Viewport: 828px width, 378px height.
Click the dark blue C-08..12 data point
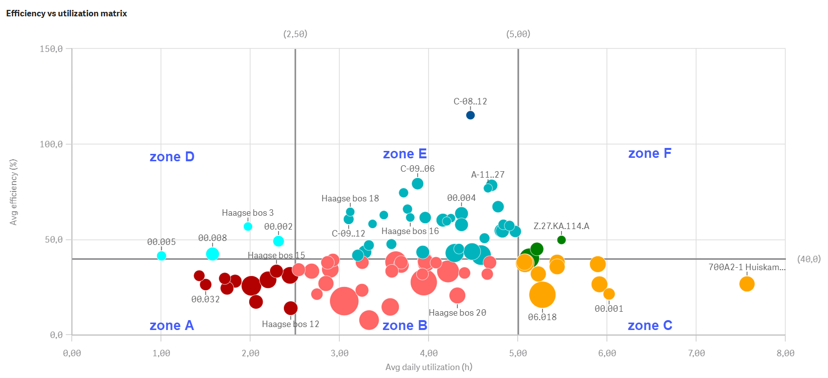click(x=470, y=115)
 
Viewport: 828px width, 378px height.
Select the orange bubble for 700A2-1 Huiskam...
click(x=747, y=284)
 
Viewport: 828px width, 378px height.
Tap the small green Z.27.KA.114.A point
click(x=561, y=240)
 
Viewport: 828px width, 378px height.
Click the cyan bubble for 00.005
click(x=162, y=256)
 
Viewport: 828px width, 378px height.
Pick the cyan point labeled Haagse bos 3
click(x=248, y=226)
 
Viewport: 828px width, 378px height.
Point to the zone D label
click(x=172, y=156)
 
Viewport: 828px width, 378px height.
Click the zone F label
click(x=650, y=153)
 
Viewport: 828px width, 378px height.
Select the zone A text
click(x=171, y=325)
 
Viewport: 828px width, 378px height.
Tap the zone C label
click(x=650, y=325)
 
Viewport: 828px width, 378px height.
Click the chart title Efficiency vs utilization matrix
click(x=66, y=13)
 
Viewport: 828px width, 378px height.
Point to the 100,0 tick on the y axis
click(x=51, y=144)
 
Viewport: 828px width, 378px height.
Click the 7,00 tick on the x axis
click(x=696, y=353)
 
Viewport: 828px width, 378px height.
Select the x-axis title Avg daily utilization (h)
click(x=429, y=367)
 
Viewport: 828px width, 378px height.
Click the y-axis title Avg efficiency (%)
click(x=13, y=192)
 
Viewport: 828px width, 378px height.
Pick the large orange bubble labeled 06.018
click(x=542, y=294)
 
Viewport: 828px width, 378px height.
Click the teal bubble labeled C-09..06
click(x=417, y=184)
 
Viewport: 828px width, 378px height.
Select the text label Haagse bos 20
click(x=457, y=313)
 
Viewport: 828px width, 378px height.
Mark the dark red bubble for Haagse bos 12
click(x=290, y=308)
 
